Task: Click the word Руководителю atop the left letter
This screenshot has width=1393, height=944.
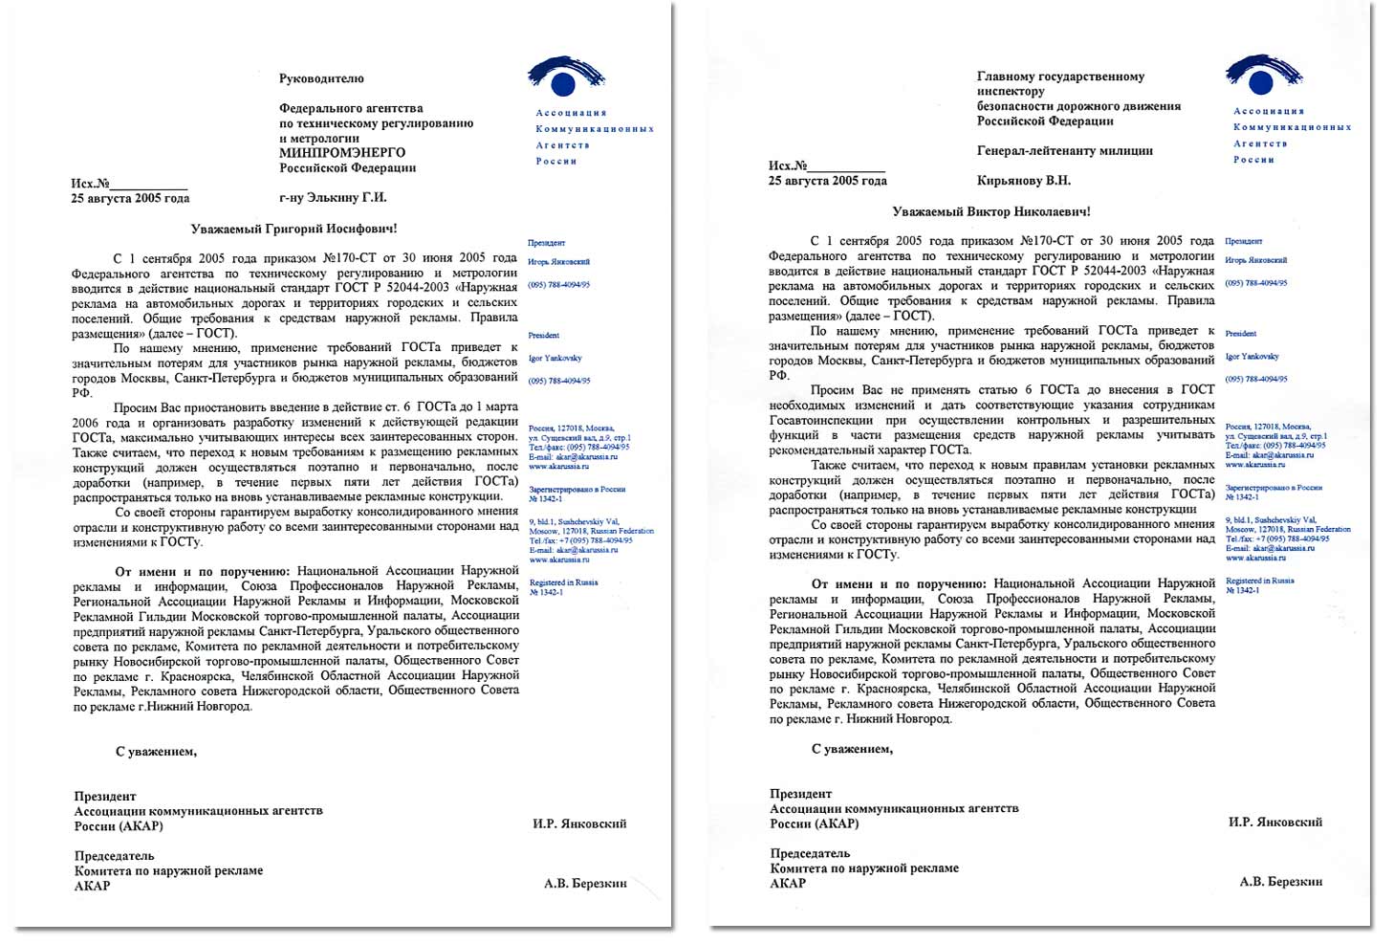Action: tap(321, 78)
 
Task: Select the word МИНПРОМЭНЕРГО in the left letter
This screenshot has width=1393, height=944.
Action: tap(341, 152)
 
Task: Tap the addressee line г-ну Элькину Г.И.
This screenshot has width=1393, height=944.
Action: tap(333, 198)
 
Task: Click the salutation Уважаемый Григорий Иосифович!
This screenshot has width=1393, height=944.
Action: tap(294, 230)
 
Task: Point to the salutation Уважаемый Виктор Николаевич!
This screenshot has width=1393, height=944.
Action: tap(990, 211)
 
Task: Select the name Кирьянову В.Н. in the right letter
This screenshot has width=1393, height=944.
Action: tap(1023, 180)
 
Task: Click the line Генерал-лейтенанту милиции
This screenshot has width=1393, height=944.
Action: tap(1064, 150)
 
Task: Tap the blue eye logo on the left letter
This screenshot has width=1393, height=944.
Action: tap(566, 77)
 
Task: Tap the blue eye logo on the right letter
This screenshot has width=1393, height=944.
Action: tap(1264, 75)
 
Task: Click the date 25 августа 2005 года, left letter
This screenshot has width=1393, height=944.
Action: tap(130, 198)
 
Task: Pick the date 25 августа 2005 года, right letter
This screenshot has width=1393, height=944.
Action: tap(827, 180)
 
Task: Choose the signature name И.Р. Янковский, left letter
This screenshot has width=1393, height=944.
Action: tap(579, 823)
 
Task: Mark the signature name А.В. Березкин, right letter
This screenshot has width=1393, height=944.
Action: tap(1281, 881)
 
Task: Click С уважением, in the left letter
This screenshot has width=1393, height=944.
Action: tap(156, 752)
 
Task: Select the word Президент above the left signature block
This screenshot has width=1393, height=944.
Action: tap(105, 796)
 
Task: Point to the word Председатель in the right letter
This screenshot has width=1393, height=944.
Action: tap(810, 853)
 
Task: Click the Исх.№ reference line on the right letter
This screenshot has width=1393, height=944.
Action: tap(826, 165)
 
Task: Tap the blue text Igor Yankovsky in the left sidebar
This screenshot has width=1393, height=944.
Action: tap(555, 359)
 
